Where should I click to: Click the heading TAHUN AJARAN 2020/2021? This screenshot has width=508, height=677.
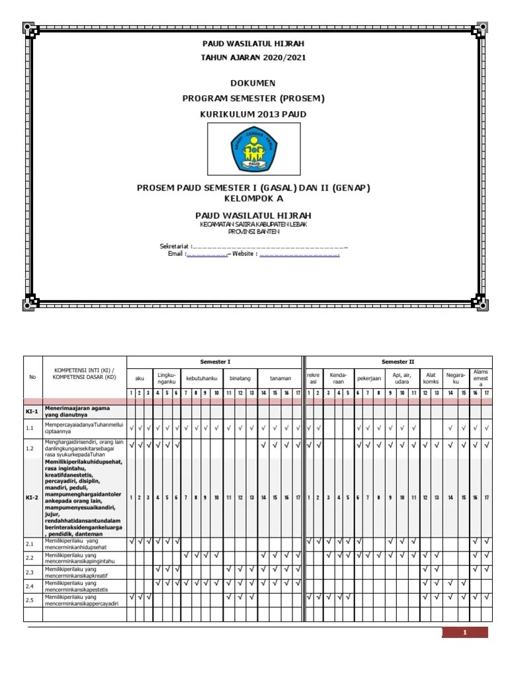(253, 58)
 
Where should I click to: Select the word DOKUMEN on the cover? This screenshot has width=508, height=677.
(253, 83)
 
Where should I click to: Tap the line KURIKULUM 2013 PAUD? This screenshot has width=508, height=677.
(253, 114)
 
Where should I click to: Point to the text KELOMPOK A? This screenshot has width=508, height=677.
(253, 198)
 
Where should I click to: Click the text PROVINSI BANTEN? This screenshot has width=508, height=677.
(253, 232)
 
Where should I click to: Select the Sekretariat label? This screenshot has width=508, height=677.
(175, 246)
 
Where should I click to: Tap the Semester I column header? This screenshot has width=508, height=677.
(215, 362)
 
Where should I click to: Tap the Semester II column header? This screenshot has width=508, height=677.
(398, 362)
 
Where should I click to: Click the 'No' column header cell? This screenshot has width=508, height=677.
(33, 378)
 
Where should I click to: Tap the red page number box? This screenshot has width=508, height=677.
(465, 633)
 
